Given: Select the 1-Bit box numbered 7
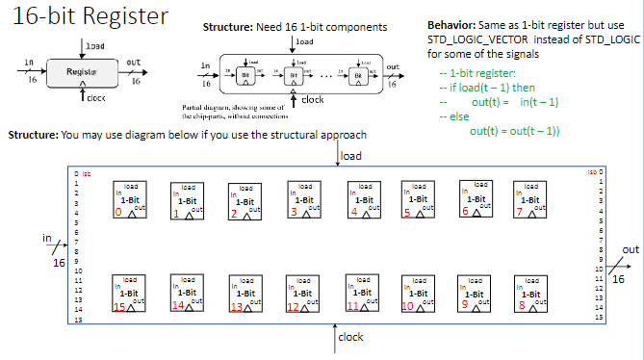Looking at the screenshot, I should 529,198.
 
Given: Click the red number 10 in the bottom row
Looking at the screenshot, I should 407,305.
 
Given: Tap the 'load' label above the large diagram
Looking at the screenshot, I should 352,155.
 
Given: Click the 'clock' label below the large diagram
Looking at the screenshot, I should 350,338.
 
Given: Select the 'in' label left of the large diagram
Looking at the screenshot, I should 46,236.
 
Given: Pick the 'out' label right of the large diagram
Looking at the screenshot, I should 631,248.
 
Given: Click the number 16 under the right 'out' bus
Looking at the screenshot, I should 619,279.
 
